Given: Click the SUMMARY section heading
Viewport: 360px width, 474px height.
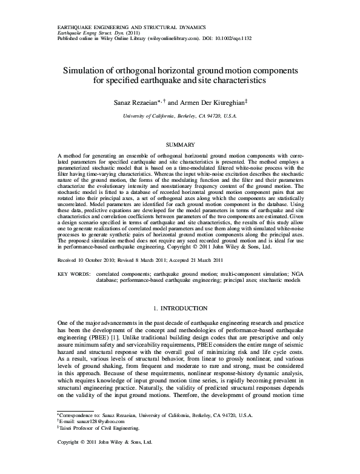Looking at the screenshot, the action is [179, 144].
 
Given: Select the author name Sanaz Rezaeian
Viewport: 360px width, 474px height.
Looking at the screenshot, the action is [132, 103].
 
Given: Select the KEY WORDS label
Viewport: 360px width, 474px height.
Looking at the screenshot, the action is [73, 275].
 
